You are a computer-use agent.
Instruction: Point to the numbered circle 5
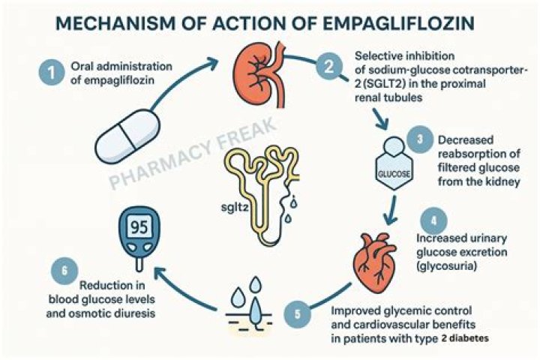click(296, 313)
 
